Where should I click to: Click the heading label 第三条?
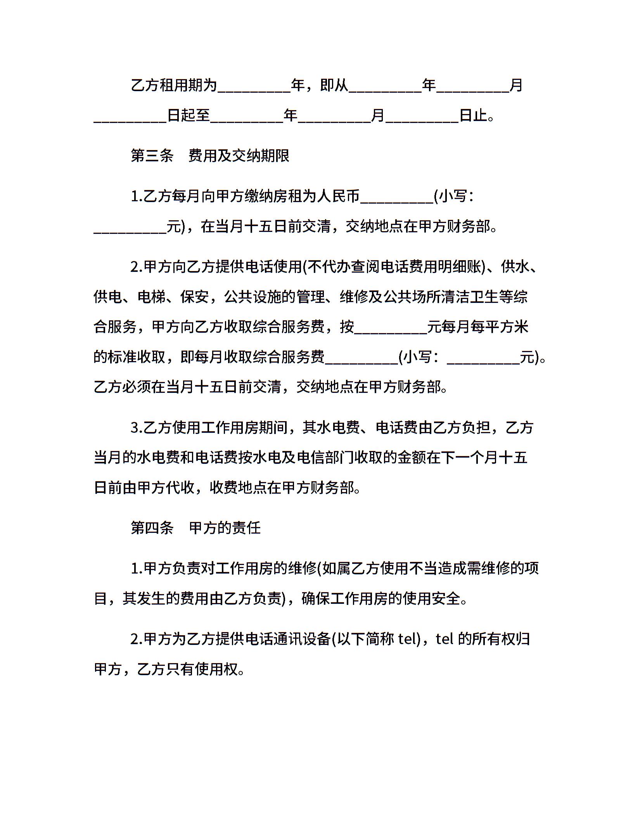tap(152, 156)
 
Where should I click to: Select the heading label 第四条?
tap(152, 528)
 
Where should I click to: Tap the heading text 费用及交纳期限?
tap(239, 156)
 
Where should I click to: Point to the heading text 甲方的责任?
tap(225, 528)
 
